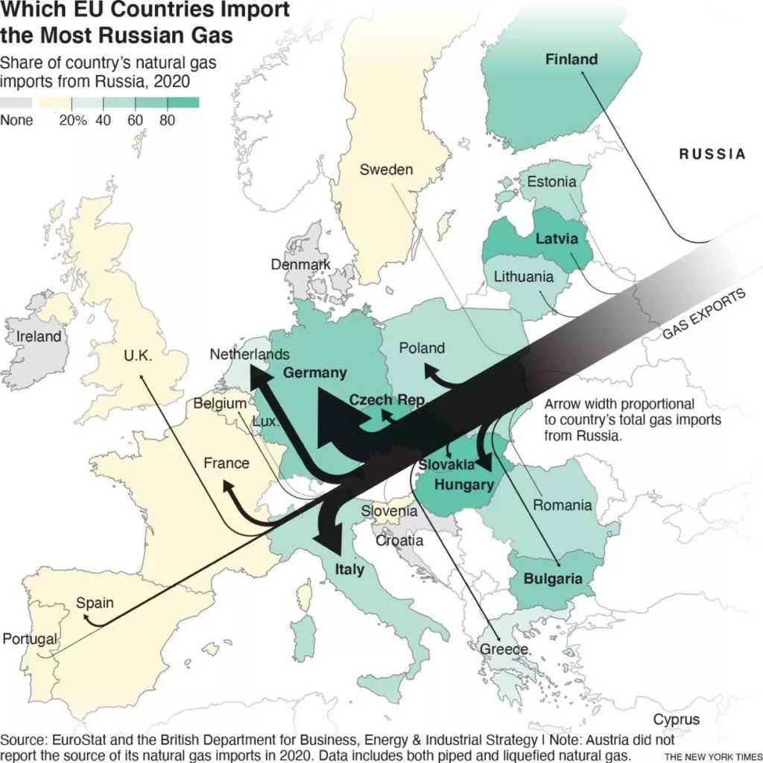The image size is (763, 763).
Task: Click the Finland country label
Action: click(x=572, y=59)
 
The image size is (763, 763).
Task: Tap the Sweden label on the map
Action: click(x=386, y=170)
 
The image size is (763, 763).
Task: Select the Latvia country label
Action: click(x=557, y=240)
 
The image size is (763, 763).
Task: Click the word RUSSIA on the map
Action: click(x=712, y=154)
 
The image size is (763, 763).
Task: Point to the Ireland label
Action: click(x=39, y=337)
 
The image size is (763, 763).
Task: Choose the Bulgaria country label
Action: click(x=552, y=579)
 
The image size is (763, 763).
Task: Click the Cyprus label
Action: click(x=677, y=720)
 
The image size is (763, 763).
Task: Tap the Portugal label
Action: click(x=30, y=639)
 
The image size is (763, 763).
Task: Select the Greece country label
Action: click(x=504, y=649)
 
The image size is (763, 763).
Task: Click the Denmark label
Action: click(x=300, y=265)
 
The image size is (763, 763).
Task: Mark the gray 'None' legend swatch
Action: click(x=16, y=102)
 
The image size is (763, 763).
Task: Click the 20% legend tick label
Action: click(x=73, y=120)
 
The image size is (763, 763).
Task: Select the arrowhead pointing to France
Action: click(x=229, y=488)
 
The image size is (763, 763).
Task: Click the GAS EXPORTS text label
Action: click(x=703, y=315)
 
